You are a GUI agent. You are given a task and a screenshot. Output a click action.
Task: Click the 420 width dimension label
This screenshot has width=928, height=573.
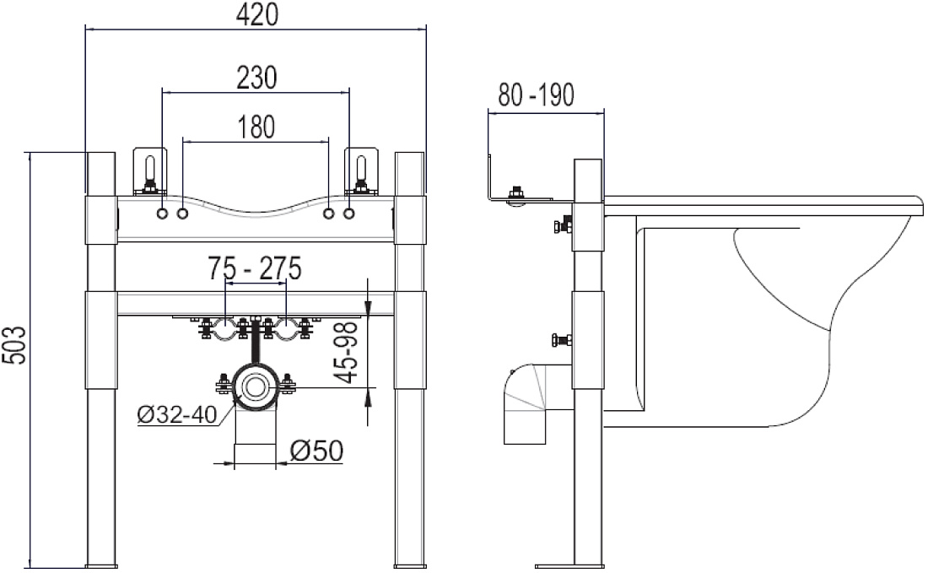256,14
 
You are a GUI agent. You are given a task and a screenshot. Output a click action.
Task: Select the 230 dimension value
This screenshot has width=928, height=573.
256,78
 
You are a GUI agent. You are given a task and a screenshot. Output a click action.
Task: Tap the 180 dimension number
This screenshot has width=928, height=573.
256,127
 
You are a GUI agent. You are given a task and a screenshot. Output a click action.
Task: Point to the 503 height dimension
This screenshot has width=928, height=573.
15,344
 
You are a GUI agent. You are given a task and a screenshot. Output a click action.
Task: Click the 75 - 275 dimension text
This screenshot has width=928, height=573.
255,268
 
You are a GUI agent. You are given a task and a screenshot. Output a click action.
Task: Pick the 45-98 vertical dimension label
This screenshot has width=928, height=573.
347,352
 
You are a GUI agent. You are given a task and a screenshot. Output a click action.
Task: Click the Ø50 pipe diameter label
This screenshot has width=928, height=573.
316,451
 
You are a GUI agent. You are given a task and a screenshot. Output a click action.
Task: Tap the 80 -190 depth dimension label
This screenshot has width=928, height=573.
537,95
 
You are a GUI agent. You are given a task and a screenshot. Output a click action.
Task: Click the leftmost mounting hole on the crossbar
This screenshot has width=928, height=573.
162,214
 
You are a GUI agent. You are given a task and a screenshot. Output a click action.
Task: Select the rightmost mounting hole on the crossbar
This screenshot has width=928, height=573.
349,214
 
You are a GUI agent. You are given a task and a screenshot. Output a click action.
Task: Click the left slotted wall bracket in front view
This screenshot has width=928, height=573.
150,171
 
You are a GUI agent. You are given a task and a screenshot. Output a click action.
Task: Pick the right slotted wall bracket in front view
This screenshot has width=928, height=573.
361,171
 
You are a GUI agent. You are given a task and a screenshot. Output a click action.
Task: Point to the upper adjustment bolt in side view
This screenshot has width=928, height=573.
562,225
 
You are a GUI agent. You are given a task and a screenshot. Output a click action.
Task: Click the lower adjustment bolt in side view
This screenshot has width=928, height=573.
562,340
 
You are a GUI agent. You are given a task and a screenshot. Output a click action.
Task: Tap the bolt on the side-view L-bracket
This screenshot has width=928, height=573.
517,195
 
